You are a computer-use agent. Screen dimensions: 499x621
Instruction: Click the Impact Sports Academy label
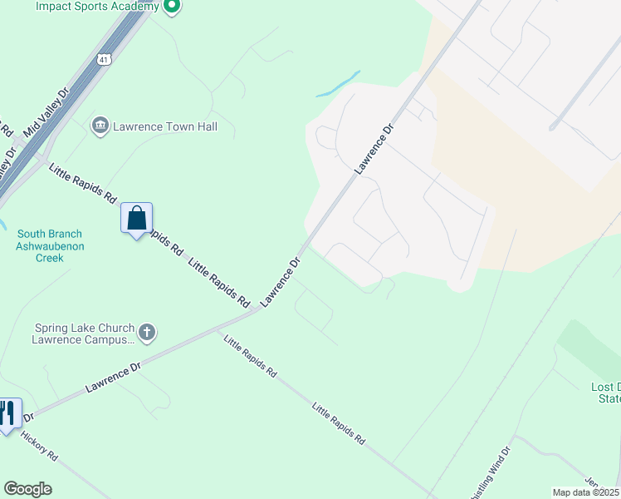pyautogui.click(x=97, y=7)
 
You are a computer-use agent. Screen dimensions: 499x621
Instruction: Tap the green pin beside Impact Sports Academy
pyautogui.click(x=172, y=7)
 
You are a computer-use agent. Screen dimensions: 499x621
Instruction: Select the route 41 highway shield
pyautogui.click(x=102, y=60)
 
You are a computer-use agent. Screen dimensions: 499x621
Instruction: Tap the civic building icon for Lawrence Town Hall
pyautogui.click(x=100, y=126)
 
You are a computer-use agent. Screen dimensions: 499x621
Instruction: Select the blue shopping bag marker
pyautogui.click(x=137, y=220)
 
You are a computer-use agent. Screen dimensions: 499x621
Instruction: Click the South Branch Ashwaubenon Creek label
pyautogui.click(x=51, y=246)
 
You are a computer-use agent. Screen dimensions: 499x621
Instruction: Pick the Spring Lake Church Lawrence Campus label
pyautogui.click(x=84, y=333)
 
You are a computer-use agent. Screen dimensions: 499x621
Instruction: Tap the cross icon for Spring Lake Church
pyautogui.click(x=147, y=333)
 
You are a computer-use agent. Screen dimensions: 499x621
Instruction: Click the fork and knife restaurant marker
pyautogui.click(x=9, y=414)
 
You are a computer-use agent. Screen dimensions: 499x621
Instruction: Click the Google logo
pyautogui.click(x=27, y=489)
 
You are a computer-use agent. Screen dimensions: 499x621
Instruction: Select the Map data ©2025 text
pyautogui.click(x=585, y=492)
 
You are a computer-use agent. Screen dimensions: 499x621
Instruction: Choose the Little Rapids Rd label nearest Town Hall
pyautogui.click(x=82, y=184)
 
